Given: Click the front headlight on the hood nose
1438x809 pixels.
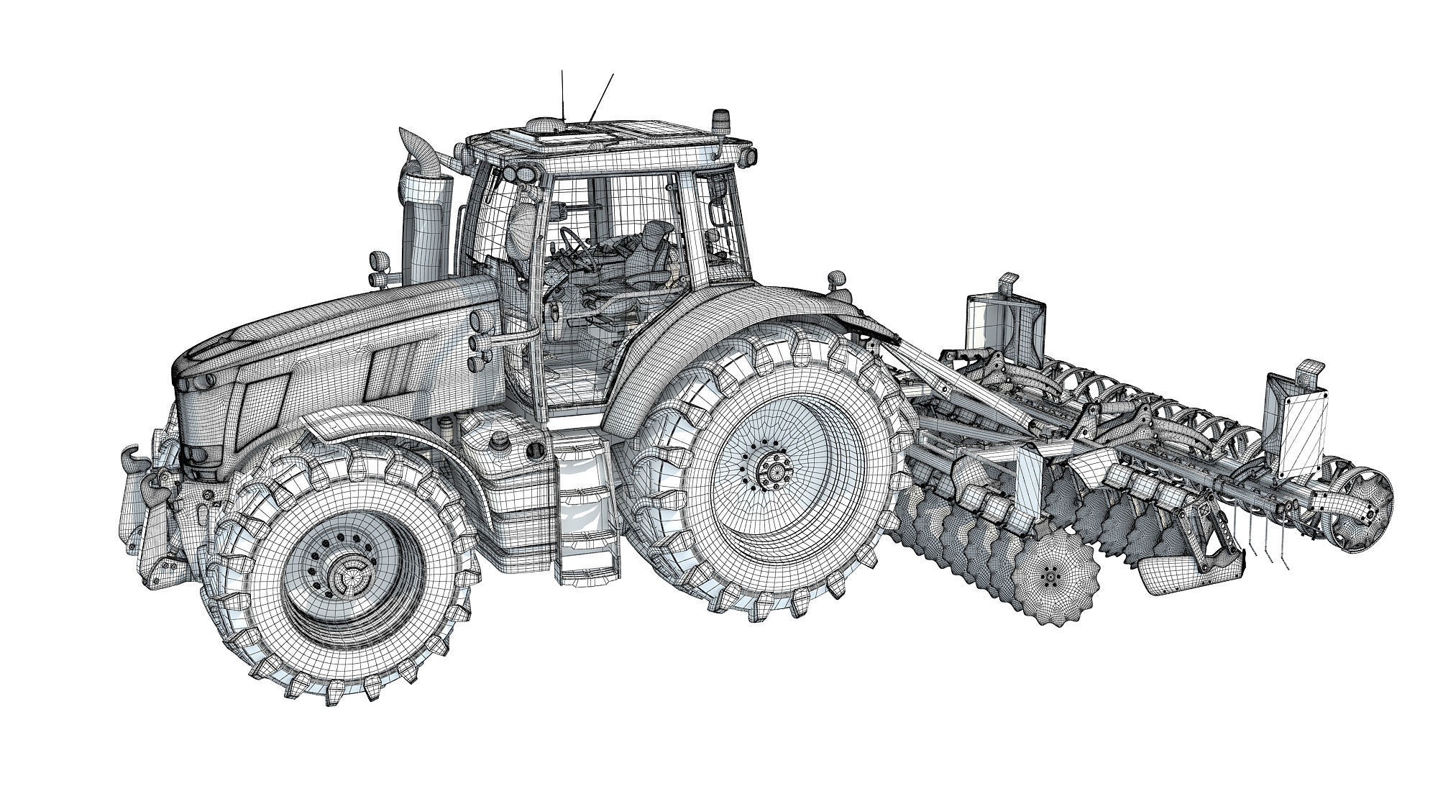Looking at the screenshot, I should click(203, 454).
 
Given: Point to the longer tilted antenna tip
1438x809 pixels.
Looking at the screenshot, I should click(613, 74).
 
